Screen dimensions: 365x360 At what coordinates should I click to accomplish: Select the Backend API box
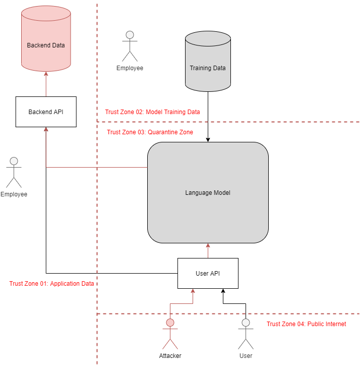point(45,112)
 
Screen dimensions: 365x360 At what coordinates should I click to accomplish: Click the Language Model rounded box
point(208,192)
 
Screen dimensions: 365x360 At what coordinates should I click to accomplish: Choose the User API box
point(208,273)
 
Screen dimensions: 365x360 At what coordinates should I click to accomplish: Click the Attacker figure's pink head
point(170,323)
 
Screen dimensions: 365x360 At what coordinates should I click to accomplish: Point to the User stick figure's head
point(246,322)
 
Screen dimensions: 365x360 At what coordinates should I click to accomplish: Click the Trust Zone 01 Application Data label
point(52,284)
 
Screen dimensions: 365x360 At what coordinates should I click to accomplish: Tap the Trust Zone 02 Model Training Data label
point(153,112)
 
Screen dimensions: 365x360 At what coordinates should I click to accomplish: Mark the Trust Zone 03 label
point(150,132)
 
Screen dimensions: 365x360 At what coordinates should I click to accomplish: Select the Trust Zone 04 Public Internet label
point(306,324)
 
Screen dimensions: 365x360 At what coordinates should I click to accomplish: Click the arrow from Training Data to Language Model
point(208,116)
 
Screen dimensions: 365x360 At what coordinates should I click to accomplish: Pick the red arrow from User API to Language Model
point(208,251)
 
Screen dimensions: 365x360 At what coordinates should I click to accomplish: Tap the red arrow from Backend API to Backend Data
point(46,84)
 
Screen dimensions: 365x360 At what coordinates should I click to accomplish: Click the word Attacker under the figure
point(170,355)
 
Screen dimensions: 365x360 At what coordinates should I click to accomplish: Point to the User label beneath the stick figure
point(246,355)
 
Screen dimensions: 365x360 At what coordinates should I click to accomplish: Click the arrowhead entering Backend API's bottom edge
point(46,130)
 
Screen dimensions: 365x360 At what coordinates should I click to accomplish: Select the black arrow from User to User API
point(234,304)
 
